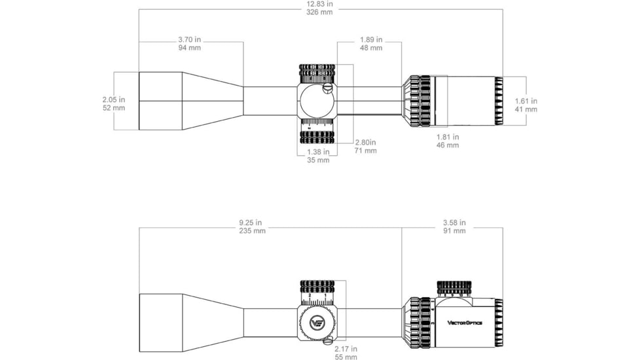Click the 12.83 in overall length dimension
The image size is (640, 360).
point(319,8)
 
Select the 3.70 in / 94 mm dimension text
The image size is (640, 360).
point(189,44)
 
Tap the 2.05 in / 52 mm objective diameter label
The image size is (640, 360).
point(114,103)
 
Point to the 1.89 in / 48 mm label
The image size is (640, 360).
point(371,44)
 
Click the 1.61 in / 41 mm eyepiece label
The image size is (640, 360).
point(525,105)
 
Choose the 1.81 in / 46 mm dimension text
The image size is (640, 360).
point(448,141)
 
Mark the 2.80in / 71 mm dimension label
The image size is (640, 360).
point(366,147)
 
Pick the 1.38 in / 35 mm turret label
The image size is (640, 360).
point(319,156)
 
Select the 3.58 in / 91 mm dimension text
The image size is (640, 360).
point(454,226)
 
